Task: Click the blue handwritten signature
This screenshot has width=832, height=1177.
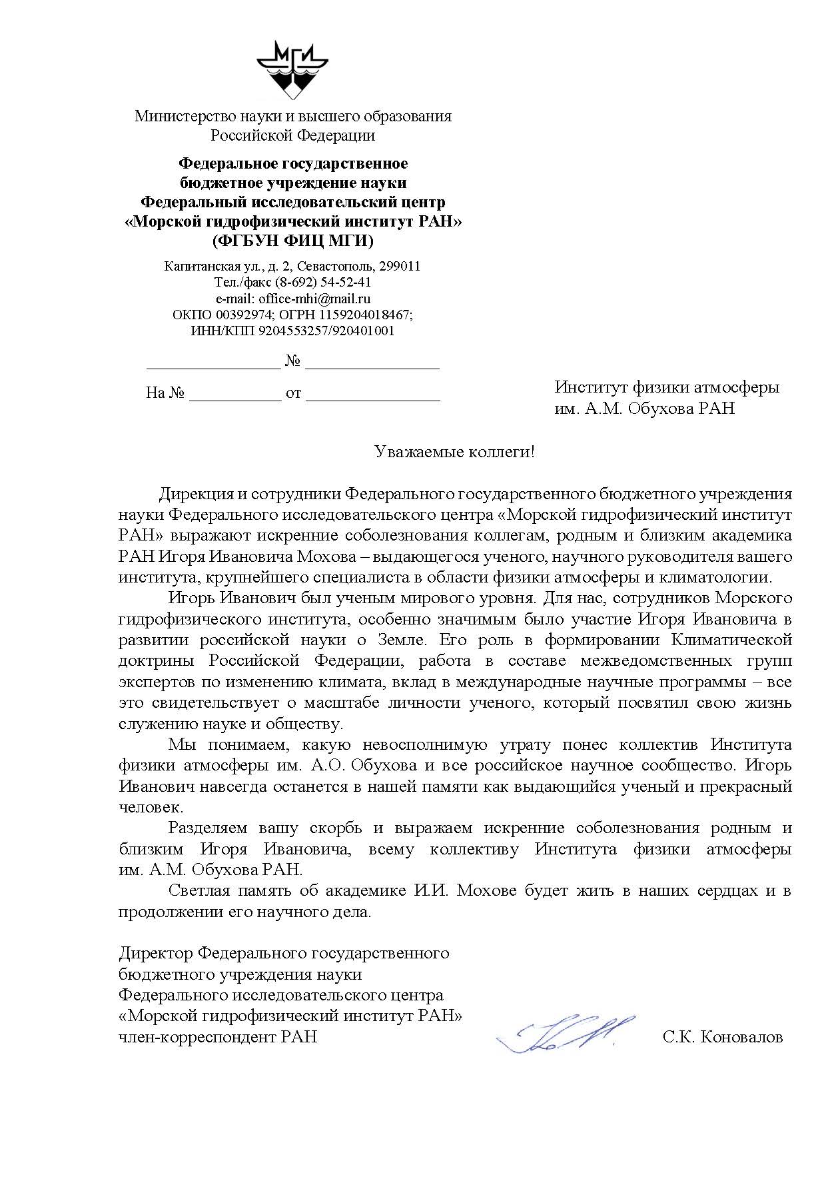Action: pos(566,1035)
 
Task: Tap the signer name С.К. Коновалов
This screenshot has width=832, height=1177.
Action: pos(723,1037)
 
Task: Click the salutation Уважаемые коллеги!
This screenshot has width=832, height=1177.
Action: pos(455,452)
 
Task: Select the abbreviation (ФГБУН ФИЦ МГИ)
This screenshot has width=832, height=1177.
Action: pos(293,240)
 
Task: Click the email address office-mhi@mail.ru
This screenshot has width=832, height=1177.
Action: pos(315,299)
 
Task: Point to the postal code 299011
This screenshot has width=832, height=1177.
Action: pos(399,266)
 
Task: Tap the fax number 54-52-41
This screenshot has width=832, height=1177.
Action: pos(348,283)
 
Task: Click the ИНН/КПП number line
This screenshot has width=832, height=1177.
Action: pos(292,331)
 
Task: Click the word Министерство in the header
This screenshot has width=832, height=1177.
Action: pos(180,116)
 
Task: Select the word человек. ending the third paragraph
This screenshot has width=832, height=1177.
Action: pos(151,807)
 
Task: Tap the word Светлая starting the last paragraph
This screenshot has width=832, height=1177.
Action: pos(199,890)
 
